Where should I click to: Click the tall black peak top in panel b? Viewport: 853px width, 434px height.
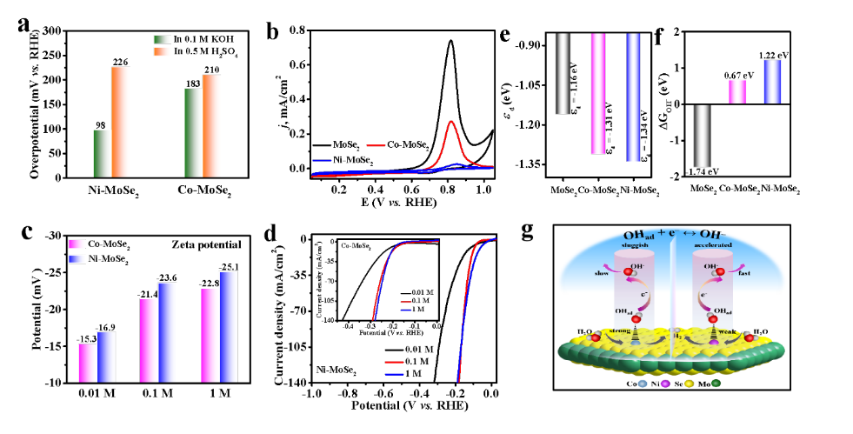pyautogui.click(x=450, y=41)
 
